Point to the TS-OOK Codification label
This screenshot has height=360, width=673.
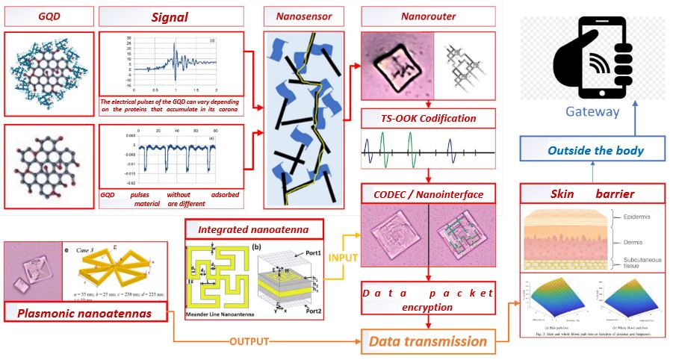[x=428, y=118]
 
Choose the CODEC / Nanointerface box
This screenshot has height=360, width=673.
[x=428, y=195]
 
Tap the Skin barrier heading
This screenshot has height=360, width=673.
[x=592, y=194]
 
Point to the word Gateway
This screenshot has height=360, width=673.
[x=593, y=112]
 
